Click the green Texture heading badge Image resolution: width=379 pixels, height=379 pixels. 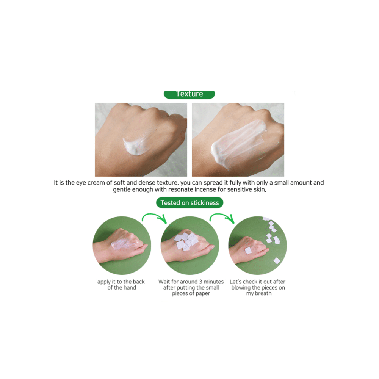click(x=189, y=94)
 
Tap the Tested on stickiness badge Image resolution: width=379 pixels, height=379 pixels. click(x=189, y=202)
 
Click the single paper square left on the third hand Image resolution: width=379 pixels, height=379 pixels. click(x=249, y=251)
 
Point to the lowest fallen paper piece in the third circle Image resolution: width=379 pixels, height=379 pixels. click(x=277, y=261)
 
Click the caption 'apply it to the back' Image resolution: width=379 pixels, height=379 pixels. click(x=121, y=282)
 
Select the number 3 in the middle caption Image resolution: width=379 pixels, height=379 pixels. click(x=200, y=282)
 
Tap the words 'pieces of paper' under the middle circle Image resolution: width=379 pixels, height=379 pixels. click(x=191, y=294)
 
